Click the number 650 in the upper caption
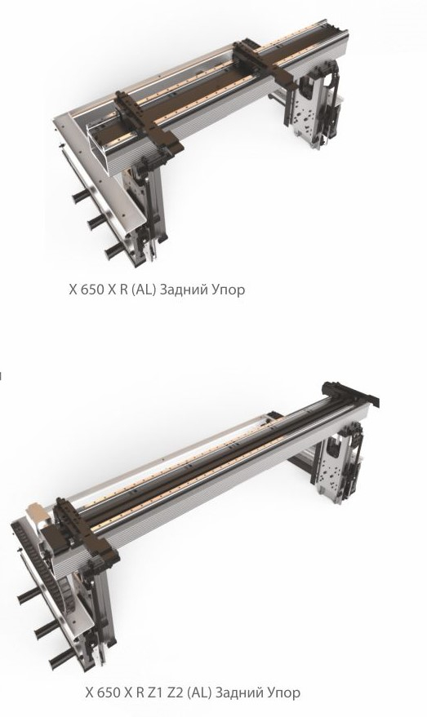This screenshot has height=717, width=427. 92,290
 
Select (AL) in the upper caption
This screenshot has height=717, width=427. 143,290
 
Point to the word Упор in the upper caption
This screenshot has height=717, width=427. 228,290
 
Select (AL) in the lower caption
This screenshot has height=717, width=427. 199,693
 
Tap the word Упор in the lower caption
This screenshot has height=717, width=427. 283,693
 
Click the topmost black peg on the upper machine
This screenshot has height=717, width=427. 82,196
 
